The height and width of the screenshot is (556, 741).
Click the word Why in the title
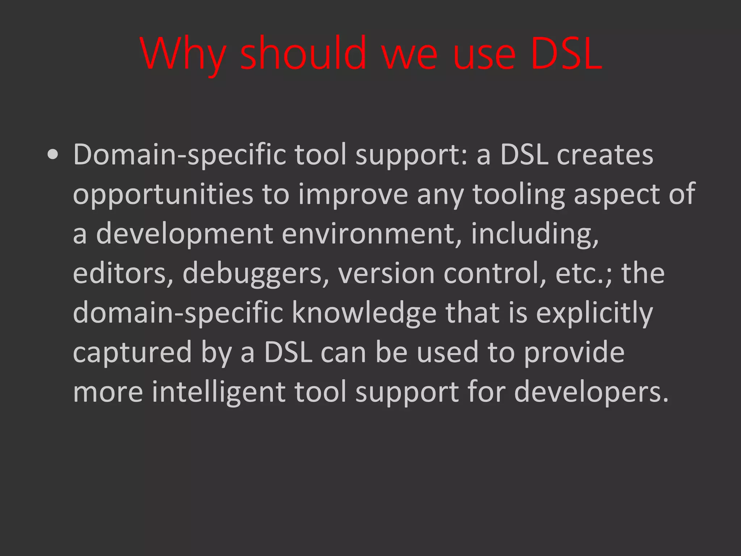point(183,54)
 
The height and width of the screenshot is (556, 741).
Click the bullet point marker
point(53,155)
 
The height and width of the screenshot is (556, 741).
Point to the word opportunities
point(163,195)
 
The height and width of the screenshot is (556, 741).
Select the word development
point(185,235)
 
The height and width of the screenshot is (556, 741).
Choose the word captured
point(132,353)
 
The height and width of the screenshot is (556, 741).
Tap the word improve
point(353,195)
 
